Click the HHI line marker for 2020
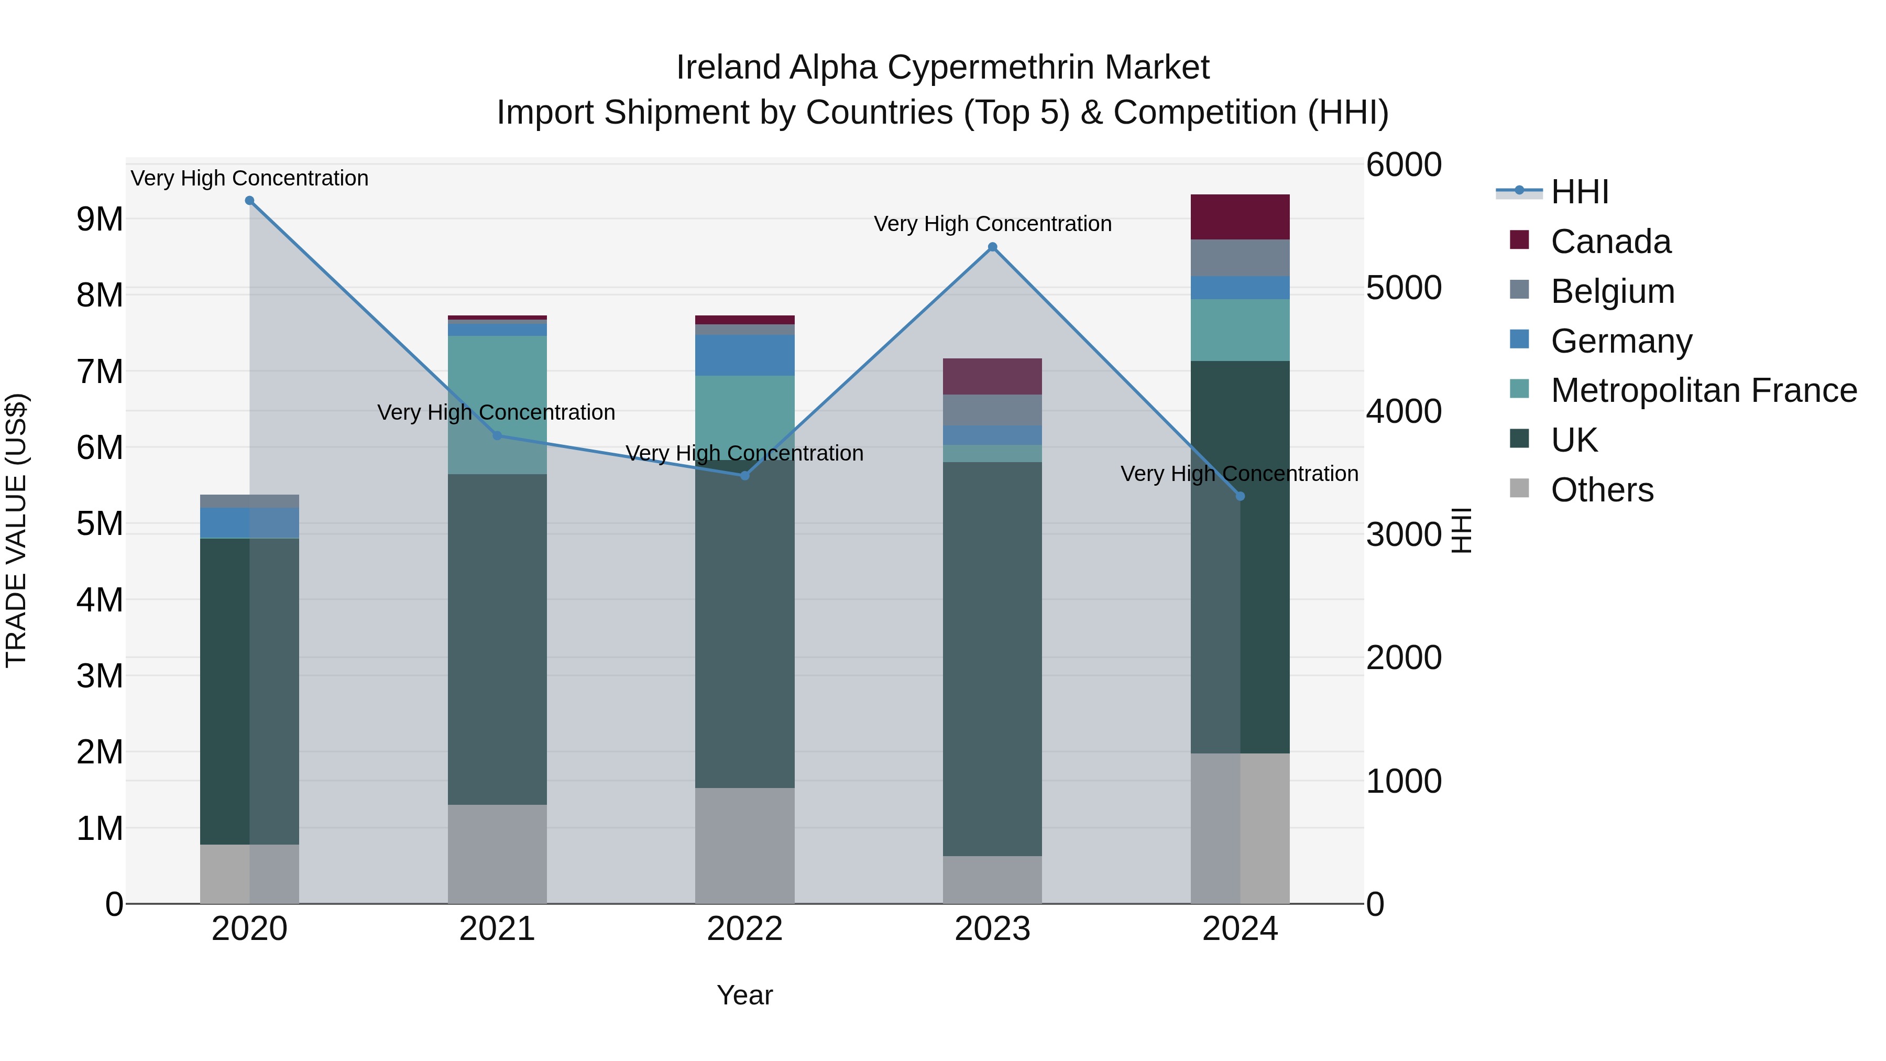pyautogui.click(x=250, y=201)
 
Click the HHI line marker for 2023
pyautogui.click(x=992, y=247)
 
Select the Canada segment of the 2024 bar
pyautogui.click(x=1240, y=217)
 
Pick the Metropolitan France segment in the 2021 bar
pyautogui.click(x=497, y=404)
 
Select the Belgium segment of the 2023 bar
pyautogui.click(x=992, y=410)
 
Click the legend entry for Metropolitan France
pyautogui.click(x=1703, y=390)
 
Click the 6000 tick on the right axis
pyautogui.click(x=1403, y=165)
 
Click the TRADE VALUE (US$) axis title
pyautogui.click(x=17, y=530)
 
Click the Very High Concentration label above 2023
pyautogui.click(x=992, y=224)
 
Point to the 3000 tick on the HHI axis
pyautogui.click(x=1403, y=534)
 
